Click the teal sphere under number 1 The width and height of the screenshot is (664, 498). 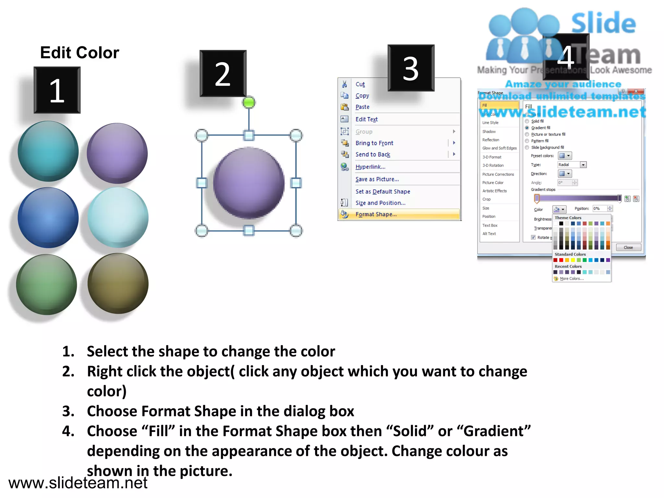coord(48,151)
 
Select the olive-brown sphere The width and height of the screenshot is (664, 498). coord(118,283)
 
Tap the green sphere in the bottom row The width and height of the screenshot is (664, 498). coord(47,285)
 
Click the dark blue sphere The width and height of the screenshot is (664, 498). coord(48,218)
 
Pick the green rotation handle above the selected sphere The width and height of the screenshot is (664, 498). coord(249,102)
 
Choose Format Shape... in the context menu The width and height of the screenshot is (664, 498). coord(376,214)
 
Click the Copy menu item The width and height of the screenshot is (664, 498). coord(362,96)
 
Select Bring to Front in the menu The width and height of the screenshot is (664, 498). coord(374,143)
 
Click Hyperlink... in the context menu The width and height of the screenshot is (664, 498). coord(370,167)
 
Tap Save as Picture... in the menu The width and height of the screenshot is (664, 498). coord(377,179)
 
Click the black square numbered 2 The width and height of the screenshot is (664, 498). coord(223,74)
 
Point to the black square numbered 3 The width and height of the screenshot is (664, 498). coord(411,68)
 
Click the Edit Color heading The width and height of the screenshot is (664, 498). coord(79,53)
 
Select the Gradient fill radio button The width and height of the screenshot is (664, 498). coord(527,128)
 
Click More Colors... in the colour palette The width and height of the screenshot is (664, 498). coord(571,279)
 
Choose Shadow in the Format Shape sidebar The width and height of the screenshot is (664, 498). coord(489,132)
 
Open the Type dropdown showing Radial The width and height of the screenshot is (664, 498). coord(583,165)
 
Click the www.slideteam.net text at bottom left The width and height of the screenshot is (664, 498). coord(78,483)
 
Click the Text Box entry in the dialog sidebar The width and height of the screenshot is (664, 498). coord(490,225)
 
